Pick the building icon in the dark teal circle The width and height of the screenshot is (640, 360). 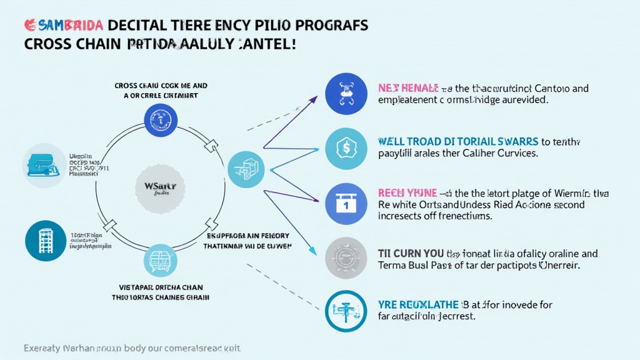pos(46,240)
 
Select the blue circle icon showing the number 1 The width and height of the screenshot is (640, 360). pos(346,203)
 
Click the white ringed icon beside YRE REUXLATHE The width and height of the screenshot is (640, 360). pos(346,311)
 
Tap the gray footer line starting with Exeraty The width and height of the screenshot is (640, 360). pos(132,347)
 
